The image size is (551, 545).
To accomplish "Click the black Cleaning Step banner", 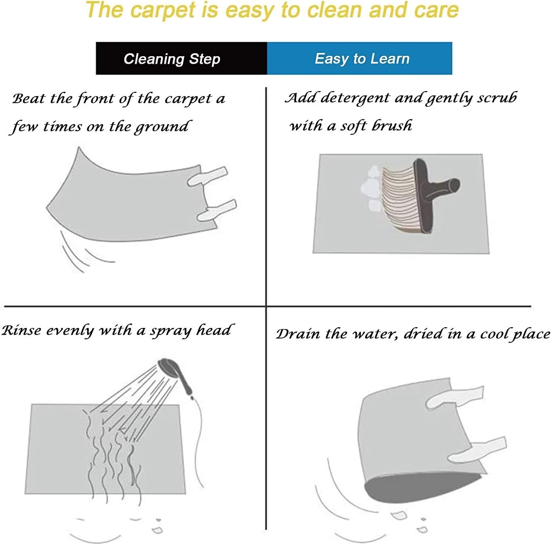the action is [181, 58].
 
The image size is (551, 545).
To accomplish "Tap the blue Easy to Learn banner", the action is [360, 58].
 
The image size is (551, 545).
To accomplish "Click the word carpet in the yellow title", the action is [163, 10].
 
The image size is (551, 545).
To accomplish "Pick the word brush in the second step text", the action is [392, 125].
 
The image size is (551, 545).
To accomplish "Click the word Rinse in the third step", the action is [21, 330].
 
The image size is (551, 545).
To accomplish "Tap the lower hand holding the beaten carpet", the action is [217, 211].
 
